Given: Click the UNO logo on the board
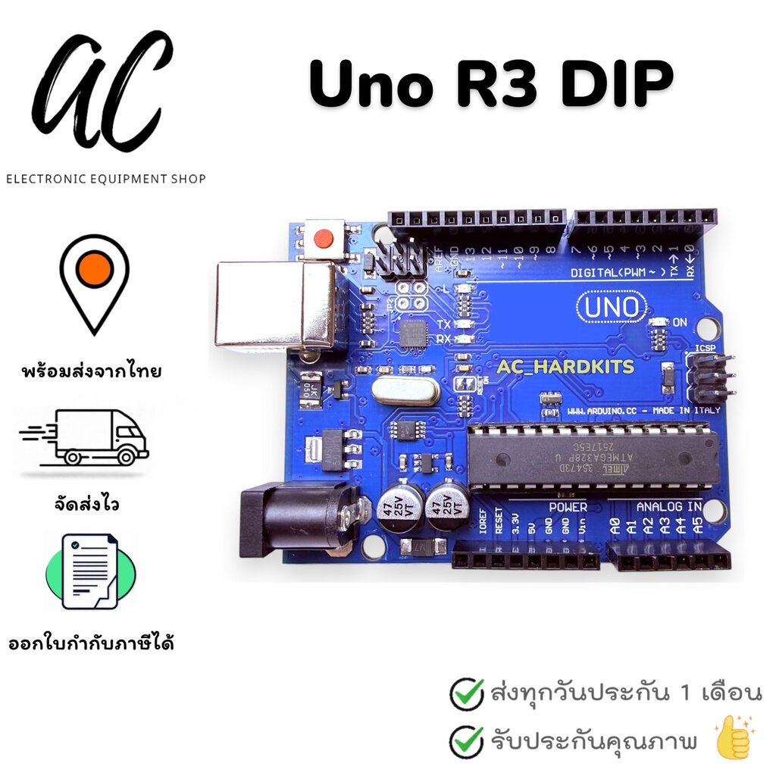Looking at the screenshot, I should (x=612, y=308).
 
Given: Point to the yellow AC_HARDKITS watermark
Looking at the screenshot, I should (x=565, y=368).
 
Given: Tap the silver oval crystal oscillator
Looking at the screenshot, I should (x=406, y=392).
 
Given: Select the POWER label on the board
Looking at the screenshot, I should (x=568, y=506).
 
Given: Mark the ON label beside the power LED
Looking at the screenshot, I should (x=680, y=322).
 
